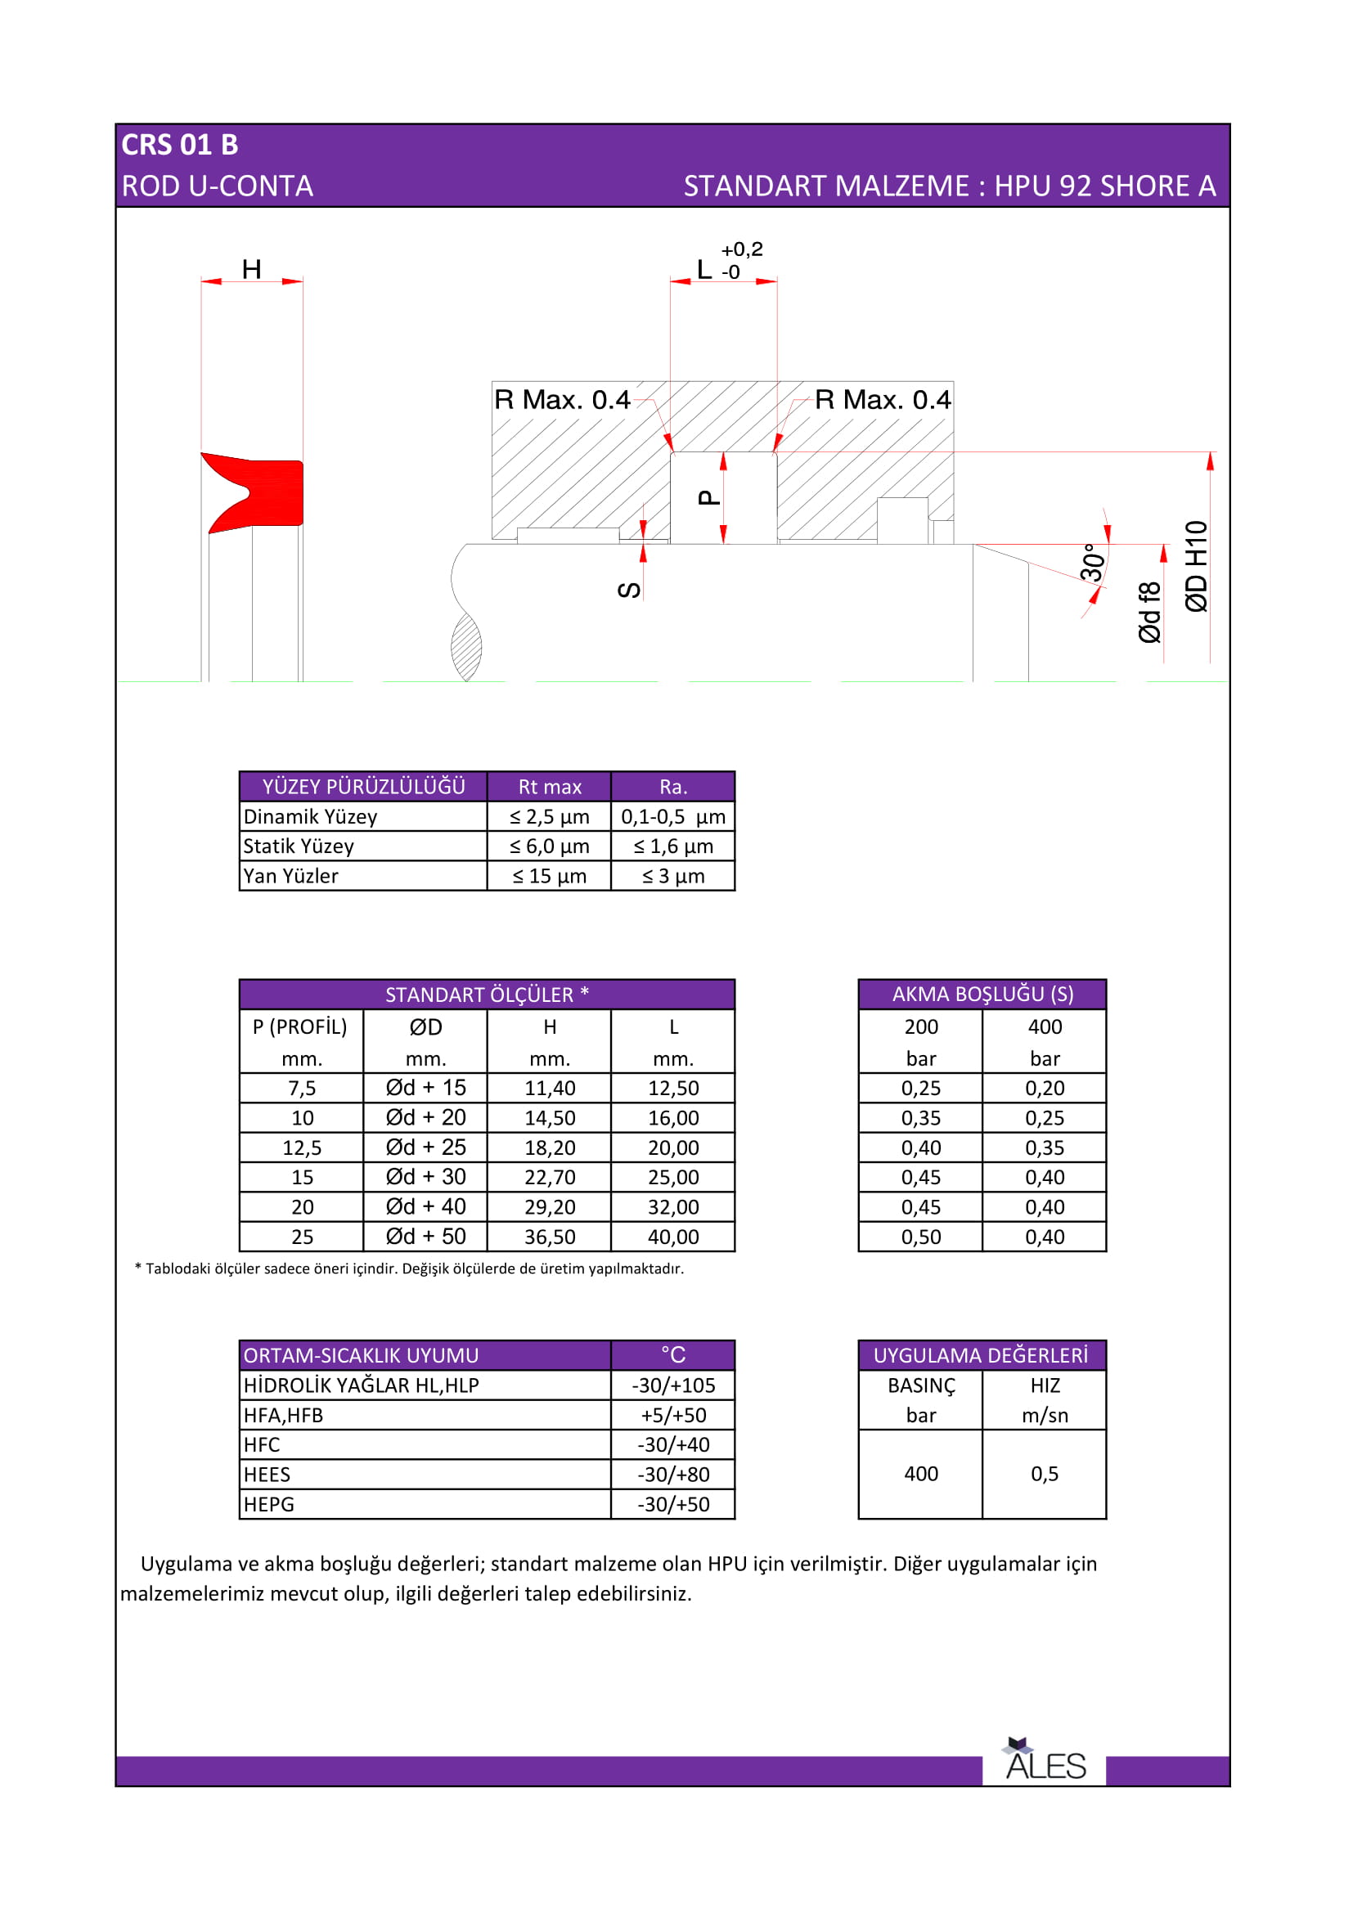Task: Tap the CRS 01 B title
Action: coord(180,145)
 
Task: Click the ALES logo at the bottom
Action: coord(1045,1763)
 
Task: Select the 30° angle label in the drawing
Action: coord(1092,562)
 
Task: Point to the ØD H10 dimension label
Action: coord(1197,567)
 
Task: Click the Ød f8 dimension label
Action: coord(1149,613)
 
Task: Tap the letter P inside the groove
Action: coord(708,497)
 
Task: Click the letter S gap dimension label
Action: coord(630,590)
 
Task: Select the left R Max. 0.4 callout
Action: coord(562,400)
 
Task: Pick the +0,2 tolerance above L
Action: coord(741,249)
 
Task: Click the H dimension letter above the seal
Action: coord(252,269)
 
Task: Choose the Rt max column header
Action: coord(550,787)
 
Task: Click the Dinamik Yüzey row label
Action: coord(310,816)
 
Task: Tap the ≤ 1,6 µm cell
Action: coord(673,846)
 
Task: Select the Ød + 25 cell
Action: coord(425,1147)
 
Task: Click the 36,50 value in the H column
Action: coord(550,1237)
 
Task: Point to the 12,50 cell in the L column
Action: coord(673,1088)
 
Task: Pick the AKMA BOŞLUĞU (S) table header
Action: coord(982,994)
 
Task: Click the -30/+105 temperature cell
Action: coord(673,1385)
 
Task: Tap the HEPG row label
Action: coord(269,1505)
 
